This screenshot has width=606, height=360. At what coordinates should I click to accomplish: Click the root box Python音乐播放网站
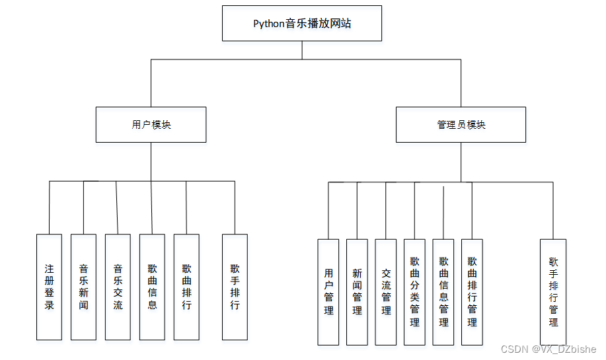click(302, 24)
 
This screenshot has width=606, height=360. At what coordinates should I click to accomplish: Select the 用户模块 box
click(151, 124)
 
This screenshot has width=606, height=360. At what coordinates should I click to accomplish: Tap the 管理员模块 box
click(461, 124)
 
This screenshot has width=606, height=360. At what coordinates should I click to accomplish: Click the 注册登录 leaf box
click(49, 287)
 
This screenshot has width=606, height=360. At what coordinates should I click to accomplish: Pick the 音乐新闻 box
click(83, 287)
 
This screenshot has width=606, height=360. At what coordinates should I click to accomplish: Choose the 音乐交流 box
click(118, 287)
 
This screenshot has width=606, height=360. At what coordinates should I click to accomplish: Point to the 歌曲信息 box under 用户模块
click(152, 287)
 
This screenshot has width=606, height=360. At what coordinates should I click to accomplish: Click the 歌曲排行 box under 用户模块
click(186, 287)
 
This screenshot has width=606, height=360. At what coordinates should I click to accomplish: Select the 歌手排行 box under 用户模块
click(235, 287)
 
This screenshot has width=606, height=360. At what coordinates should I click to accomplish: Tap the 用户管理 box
click(328, 291)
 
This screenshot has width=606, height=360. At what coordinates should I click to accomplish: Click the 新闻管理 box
click(357, 291)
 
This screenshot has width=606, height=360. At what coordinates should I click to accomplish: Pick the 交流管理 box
click(386, 291)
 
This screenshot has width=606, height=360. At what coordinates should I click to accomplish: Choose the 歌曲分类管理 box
click(414, 291)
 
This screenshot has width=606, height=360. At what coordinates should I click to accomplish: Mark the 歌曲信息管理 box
click(443, 291)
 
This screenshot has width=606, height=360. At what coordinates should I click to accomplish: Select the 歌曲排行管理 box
click(472, 291)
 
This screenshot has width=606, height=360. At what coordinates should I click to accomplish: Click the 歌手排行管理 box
click(553, 291)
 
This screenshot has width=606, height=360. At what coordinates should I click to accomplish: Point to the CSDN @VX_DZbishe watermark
click(549, 349)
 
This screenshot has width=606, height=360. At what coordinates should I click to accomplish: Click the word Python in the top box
click(269, 24)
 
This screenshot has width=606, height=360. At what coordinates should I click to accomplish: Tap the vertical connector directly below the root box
click(302, 50)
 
